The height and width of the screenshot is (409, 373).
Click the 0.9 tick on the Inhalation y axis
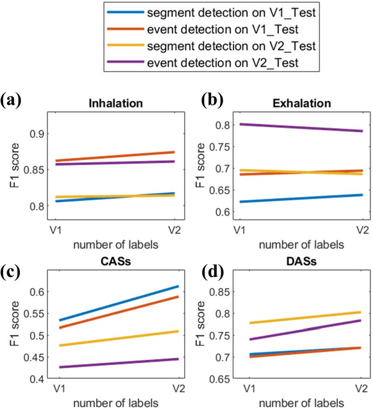click(36, 134)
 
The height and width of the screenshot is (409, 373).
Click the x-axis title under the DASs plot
click(298, 402)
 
